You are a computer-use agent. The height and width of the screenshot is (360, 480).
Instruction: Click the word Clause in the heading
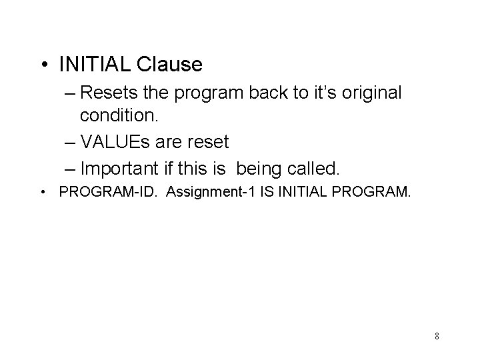tap(169, 65)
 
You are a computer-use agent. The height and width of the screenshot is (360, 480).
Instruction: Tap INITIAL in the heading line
tap(95, 65)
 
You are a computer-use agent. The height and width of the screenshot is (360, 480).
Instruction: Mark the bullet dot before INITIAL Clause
tap(44, 65)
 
